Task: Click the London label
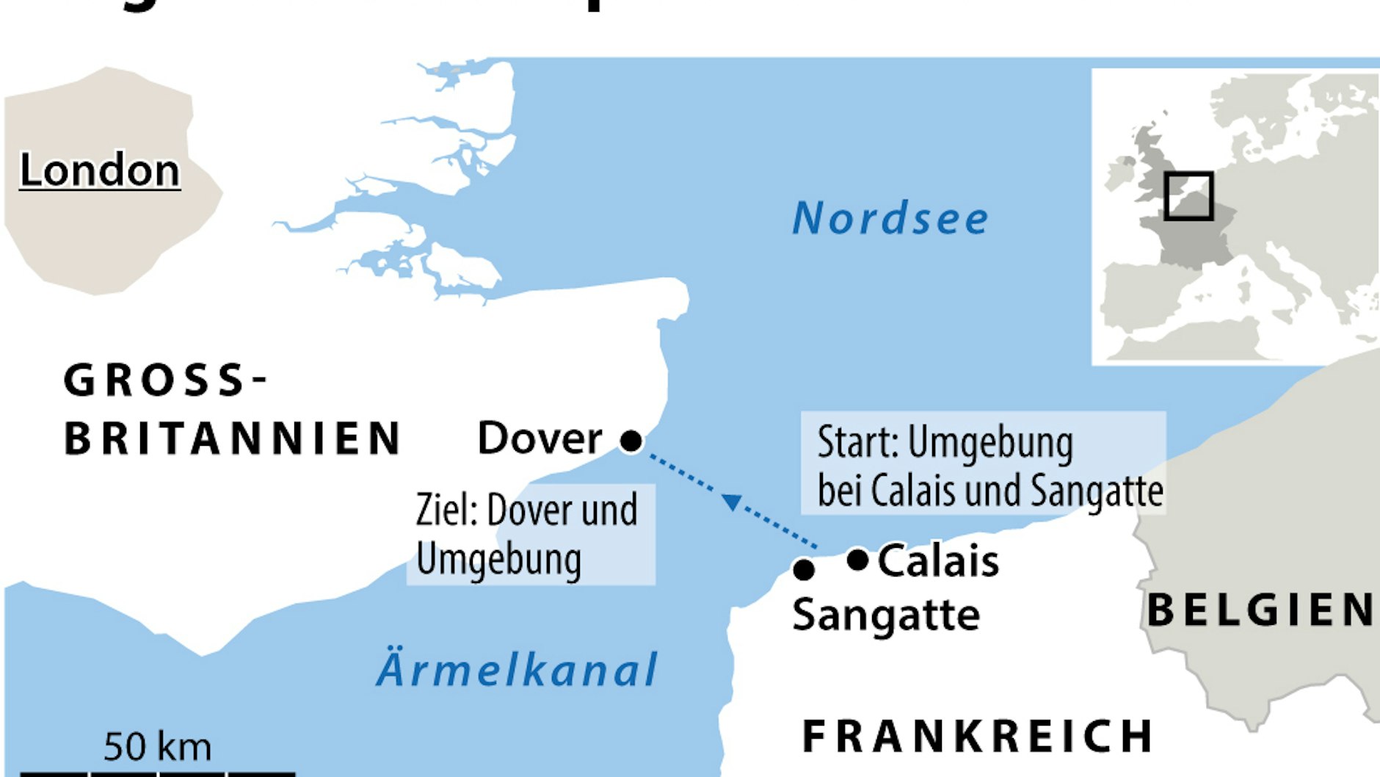(100, 170)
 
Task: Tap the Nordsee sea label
(890, 218)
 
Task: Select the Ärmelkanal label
(517, 669)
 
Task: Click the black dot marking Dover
(631, 441)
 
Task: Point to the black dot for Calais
(857, 560)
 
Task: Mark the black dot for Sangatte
(804, 569)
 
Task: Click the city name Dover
(540, 438)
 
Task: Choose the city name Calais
(938, 561)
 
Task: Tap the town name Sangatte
(886, 615)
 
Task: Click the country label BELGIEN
(1261, 610)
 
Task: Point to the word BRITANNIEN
(232, 438)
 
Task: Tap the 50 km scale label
(157, 747)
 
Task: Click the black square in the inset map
(1188, 196)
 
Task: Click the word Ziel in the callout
(445, 510)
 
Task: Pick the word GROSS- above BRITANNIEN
(165, 380)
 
